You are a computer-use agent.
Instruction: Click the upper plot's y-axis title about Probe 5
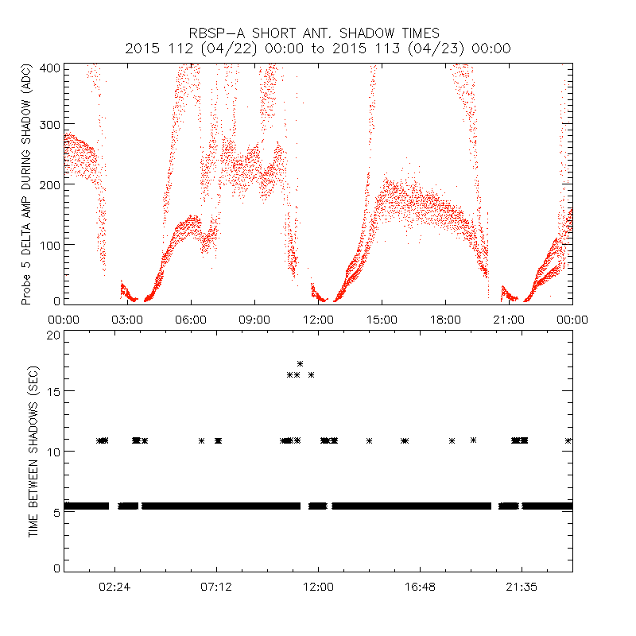coord(26,184)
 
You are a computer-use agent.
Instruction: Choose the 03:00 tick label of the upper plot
coord(127,319)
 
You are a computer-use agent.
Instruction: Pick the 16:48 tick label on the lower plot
coord(420,587)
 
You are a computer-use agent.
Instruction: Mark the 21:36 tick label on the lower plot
coord(522,587)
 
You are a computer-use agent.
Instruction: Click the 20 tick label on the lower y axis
coord(52,335)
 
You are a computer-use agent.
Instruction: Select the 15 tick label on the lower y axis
coord(52,391)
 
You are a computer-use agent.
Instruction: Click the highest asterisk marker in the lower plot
coord(300,364)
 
